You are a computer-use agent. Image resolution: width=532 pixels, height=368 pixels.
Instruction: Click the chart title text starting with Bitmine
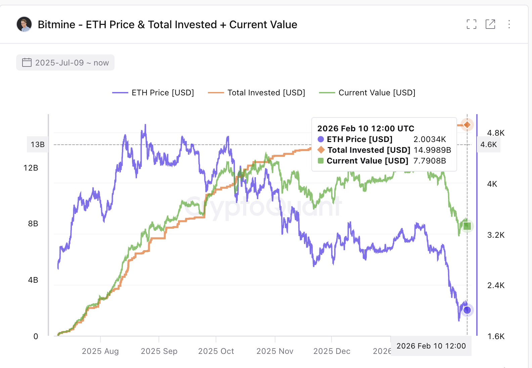click(167, 25)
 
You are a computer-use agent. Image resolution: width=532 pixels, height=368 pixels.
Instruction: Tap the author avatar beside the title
click(24, 24)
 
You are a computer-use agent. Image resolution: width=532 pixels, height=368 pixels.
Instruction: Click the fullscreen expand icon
click(472, 24)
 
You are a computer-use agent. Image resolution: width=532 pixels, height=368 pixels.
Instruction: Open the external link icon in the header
click(490, 24)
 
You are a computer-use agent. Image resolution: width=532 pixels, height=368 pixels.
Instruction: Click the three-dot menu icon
click(509, 24)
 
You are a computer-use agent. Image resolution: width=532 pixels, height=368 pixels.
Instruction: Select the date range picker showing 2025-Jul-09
click(65, 63)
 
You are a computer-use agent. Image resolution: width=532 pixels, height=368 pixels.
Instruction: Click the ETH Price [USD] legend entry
click(153, 93)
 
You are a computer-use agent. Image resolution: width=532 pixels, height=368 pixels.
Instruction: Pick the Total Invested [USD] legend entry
click(257, 93)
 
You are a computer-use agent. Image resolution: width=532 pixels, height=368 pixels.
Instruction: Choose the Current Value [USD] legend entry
click(367, 93)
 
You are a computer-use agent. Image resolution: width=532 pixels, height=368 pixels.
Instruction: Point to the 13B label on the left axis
click(38, 145)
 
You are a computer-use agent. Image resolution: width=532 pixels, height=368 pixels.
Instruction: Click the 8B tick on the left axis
click(33, 224)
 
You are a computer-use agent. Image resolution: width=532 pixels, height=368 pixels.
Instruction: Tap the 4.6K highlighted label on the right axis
click(488, 145)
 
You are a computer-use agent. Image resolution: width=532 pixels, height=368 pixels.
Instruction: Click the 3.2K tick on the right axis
click(496, 235)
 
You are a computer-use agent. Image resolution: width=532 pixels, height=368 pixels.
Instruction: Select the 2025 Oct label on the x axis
click(216, 351)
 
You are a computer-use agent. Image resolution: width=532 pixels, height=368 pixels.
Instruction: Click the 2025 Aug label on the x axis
click(100, 351)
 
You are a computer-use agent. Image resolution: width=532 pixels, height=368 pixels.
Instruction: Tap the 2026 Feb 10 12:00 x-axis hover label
click(431, 346)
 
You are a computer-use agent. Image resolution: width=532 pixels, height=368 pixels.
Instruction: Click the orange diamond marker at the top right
click(467, 125)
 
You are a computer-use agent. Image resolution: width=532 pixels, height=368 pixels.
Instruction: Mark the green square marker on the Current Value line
click(467, 226)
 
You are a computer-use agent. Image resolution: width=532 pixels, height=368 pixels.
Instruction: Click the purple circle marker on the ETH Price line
click(467, 310)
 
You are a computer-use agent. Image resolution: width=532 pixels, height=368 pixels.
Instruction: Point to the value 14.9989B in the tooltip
click(432, 150)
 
